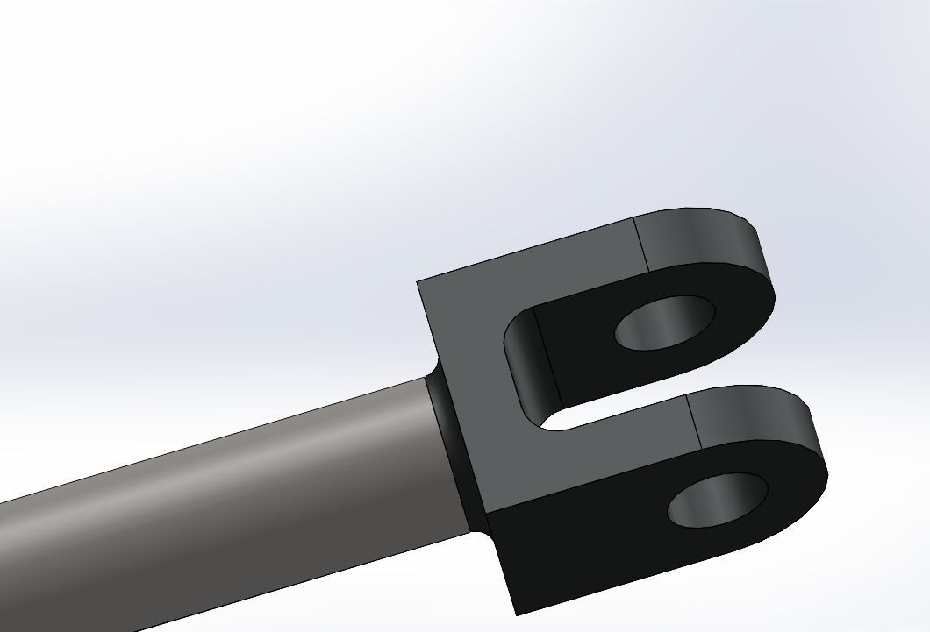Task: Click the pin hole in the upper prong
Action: click(x=665, y=323)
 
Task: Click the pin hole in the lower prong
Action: click(x=718, y=501)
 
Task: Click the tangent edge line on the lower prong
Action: click(x=695, y=419)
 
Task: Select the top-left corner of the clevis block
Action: click(x=418, y=282)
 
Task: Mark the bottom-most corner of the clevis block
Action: click(x=516, y=614)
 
